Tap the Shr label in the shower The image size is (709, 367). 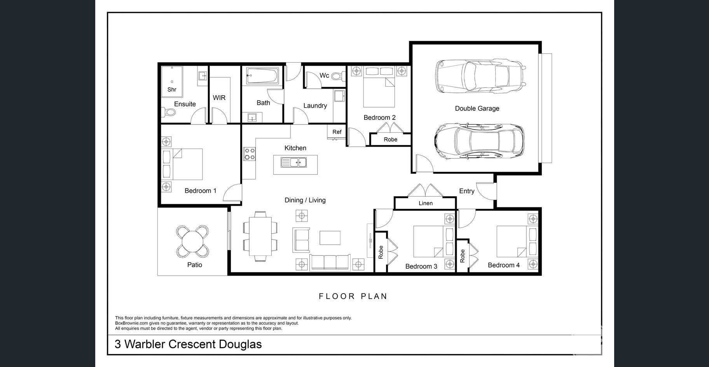[x=172, y=89]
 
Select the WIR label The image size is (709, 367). [x=219, y=98]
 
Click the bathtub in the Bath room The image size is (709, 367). [x=262, y=76]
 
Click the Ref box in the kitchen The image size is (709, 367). [x=337, y=132]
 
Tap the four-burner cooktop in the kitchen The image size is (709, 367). [x=250, y=154]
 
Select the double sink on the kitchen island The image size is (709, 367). [x=294, y=162]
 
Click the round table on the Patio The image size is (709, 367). [x=193, y=241]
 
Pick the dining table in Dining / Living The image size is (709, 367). [x=260, y=236]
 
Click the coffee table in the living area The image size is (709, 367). [x=330, y=238]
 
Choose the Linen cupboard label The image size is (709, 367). [x=426, y=203]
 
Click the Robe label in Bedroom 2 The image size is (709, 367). [x=391, y=139]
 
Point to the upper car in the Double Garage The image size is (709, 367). [x=480, y=76]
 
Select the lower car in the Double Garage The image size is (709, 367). [x=479, y=142]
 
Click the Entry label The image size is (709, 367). [x=467, y=191]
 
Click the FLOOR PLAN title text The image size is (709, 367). [x=353, y=296]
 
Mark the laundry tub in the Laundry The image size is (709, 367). [x=339, y=96]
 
